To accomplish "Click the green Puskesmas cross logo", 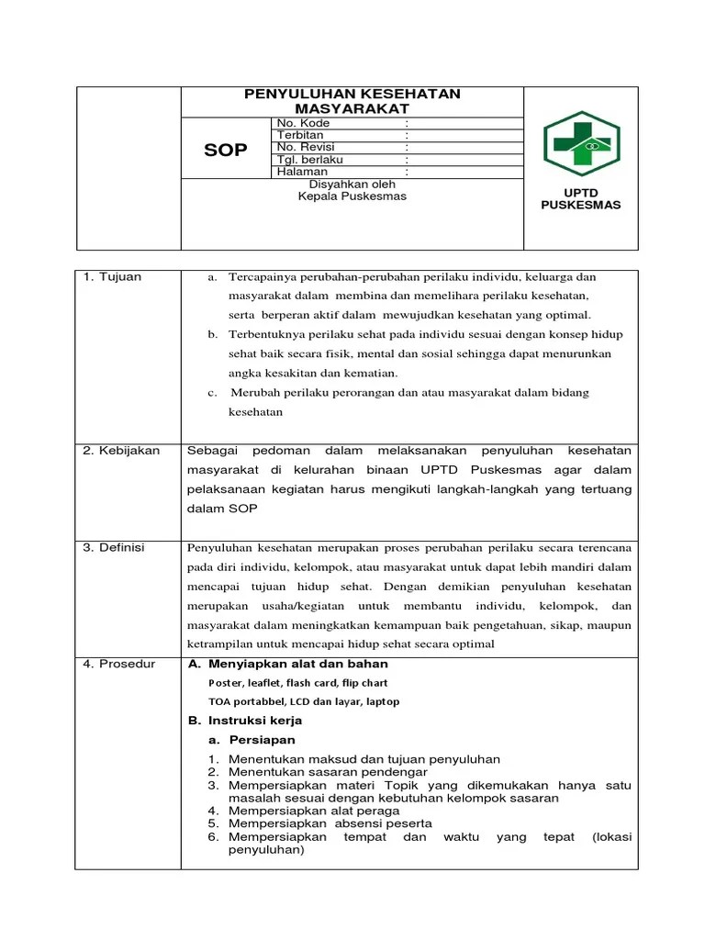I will tap(580, 144).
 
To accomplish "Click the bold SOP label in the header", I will tap(226, 150).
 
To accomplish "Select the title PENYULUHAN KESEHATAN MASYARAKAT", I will tap(352, 101).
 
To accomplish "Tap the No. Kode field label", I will tap(304, 123).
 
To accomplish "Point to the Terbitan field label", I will tap(300, 135).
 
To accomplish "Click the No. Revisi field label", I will tap(306, 147).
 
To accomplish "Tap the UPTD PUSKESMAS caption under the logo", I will tap(580, 199).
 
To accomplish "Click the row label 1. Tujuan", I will tap(112, 277).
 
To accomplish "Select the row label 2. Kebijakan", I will tap(121, 451).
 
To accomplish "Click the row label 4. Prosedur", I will tap(119, 664).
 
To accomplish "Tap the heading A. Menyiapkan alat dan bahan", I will tap(287, 664).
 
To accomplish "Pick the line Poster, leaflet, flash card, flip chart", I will tap(298, 683).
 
